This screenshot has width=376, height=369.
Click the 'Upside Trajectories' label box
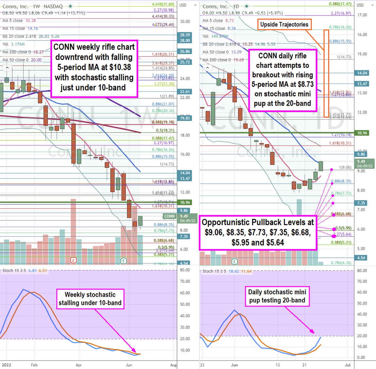point(284,24)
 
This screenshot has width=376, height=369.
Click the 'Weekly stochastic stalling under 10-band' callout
point(90,299)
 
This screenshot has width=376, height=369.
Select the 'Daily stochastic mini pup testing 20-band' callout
point(277,296)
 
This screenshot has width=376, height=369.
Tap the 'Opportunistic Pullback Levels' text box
point(258,232)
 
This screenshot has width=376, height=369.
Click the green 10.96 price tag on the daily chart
point(362,133)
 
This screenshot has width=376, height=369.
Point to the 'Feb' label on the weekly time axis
point(34,365)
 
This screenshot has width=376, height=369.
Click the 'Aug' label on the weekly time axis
point(173,365)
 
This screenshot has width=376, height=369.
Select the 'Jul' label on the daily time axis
point(347,365)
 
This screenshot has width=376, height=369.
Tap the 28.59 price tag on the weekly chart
point(185,35)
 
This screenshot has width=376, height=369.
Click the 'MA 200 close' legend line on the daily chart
point(223,60)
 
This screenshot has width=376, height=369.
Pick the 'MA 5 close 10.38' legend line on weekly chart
point(19,21)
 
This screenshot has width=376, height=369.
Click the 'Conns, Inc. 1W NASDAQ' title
point(32,6)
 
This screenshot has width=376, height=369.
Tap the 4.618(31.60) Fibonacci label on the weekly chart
point(163,4)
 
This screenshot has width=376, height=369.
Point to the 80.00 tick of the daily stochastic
point(362,271)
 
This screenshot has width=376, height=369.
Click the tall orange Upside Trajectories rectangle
point(326,73)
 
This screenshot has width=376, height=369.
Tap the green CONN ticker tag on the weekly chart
point(170,216)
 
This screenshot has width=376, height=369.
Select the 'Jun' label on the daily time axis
point(234,365)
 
